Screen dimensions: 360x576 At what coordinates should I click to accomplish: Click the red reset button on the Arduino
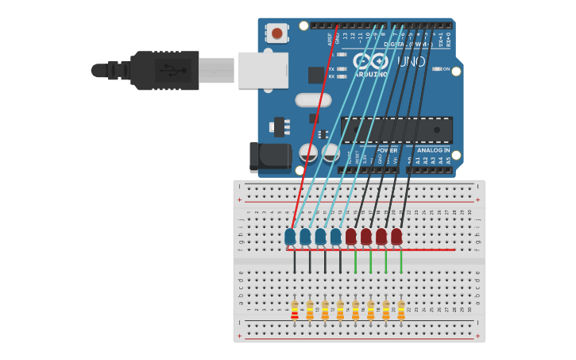point(276,33)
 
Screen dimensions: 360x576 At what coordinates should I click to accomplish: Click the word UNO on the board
point(411,61)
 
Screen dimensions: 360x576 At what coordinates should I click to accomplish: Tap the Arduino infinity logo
point(370,60)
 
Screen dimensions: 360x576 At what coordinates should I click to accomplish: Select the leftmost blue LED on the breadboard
point(290,236)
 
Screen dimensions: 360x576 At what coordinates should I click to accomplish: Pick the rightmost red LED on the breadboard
point(396,236)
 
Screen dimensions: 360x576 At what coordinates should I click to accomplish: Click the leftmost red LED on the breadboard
point(350,236)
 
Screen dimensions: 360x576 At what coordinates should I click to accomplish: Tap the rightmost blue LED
point(335,236)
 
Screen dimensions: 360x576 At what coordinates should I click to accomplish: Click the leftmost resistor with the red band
point(295,309)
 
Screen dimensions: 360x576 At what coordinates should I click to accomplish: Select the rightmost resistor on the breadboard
point(400,309)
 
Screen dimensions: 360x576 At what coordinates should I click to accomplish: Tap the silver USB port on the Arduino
point(263,70)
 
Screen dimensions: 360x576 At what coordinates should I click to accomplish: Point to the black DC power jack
point(270,157)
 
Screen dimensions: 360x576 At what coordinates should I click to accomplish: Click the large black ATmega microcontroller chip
point(396,130)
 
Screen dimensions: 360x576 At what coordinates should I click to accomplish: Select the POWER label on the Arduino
point(387,149)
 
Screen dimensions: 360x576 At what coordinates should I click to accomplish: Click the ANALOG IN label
point(433,149)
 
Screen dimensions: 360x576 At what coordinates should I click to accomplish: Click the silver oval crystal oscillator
point(313,100)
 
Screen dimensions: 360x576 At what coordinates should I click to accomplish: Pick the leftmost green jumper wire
point(355,261)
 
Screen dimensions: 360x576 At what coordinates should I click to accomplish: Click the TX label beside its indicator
point(331,69)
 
